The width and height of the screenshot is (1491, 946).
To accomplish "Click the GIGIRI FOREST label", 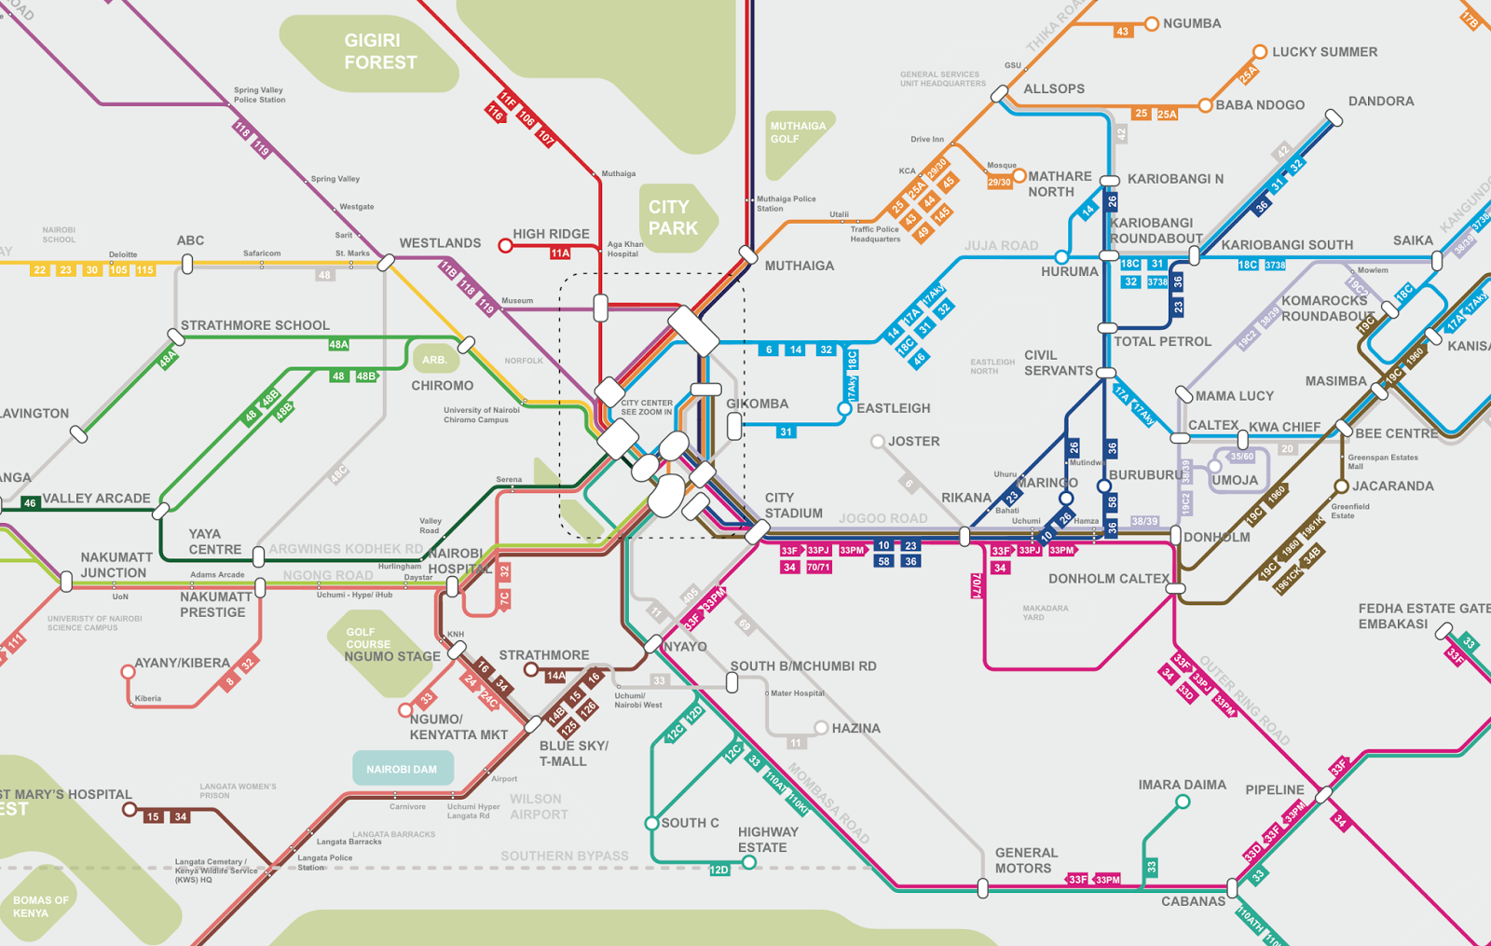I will click(380, 51).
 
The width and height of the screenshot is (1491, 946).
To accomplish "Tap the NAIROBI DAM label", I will click(402, 769).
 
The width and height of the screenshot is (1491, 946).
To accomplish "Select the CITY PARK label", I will click(673, 217).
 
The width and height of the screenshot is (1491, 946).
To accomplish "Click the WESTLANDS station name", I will click(440, 243).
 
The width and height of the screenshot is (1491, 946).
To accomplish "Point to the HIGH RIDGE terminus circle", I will click(505, 246).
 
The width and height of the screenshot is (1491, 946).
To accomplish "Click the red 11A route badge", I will click(559, 254).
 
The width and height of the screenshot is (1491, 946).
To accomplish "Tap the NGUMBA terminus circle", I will click(1152, 24).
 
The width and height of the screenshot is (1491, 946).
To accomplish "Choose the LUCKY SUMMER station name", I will click(1324, 52).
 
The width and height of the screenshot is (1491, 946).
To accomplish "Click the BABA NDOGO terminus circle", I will click(1205, 105).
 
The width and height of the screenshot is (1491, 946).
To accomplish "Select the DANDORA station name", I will click(1380, 102).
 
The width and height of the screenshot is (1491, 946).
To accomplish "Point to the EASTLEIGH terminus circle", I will click(844, 408).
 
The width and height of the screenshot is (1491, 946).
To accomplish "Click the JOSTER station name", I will click(913, 442).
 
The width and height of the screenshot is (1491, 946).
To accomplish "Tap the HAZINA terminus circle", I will click(821, 728).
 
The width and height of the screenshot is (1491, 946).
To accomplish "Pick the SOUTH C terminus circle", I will click(652, 823).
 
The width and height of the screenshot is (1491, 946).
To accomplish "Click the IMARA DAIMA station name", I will click(1182, 785).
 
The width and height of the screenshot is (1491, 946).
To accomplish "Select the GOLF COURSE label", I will click(368, 638).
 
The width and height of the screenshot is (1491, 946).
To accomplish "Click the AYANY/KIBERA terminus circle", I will click(128, 671).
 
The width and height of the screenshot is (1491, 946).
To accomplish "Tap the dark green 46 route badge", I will click(30, 503).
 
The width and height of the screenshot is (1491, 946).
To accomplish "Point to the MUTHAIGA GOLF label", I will click(798, 132).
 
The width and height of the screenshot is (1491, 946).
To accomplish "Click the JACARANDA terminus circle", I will click(1341, 487).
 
